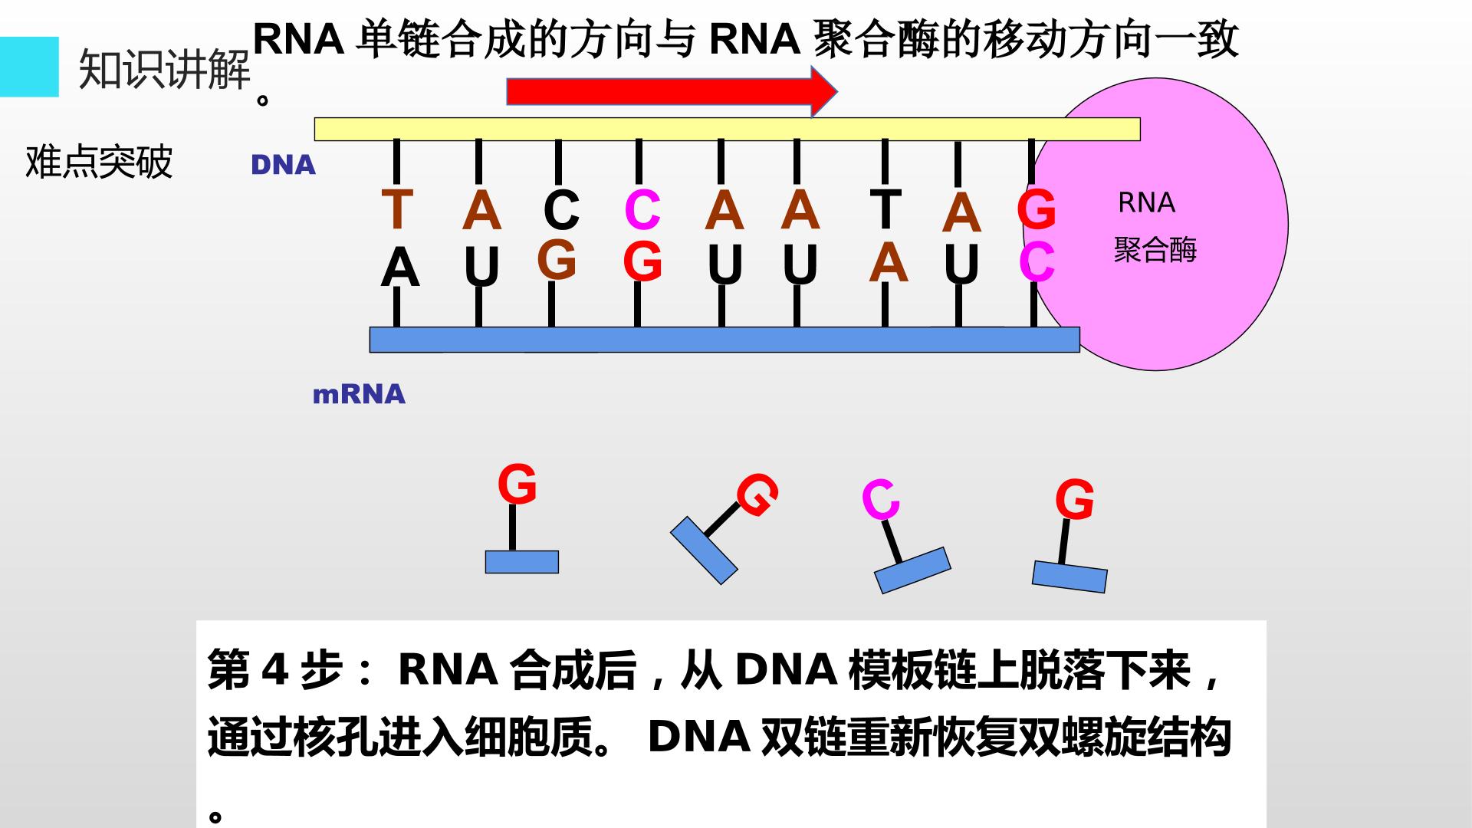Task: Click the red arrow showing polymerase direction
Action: (672, 91)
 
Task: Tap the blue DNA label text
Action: (283, 165)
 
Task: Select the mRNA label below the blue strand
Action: (359, 394)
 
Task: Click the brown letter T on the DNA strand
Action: (397, 209)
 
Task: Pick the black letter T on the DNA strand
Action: (886, 208)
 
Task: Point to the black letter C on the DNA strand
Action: (561, 209)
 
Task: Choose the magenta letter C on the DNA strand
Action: (642, 209)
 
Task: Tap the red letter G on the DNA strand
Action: (1037, 209)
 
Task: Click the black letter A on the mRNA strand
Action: (399, 269)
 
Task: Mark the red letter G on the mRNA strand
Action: (642, 261)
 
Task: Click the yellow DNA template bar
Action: (727, 129)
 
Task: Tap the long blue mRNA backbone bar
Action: (724, 340)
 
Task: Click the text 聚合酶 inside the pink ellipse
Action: (1155, 250)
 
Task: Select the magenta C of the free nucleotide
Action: (880, 500)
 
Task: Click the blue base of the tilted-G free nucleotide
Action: (704, 550)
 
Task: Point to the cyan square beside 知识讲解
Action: (29, 67)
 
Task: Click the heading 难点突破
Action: (99, 162)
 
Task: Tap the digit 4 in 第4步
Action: (273, 670)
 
